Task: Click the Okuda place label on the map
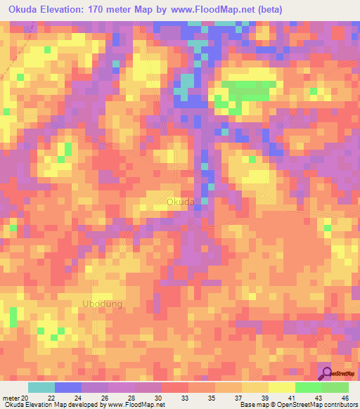tap(181, 202)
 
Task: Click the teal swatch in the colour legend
tap(41, 388)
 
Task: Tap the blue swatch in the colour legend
tap(67, 388)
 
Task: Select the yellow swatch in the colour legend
tap(281, 388)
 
